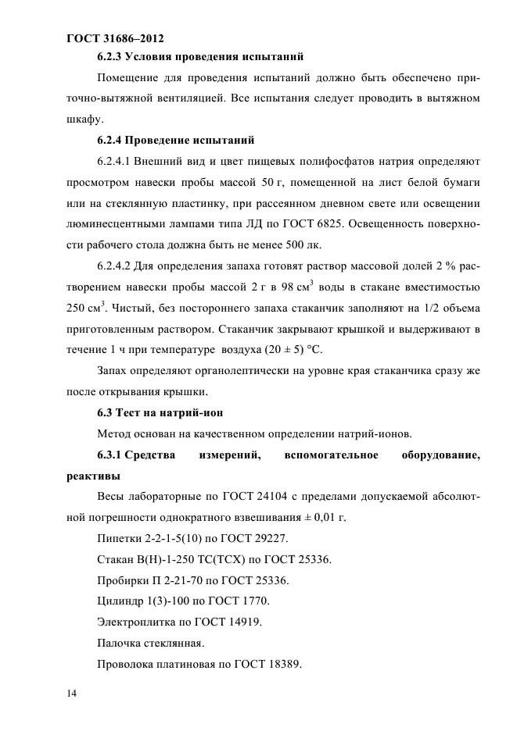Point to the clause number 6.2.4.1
pyautogui.click(x=114, y=162)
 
